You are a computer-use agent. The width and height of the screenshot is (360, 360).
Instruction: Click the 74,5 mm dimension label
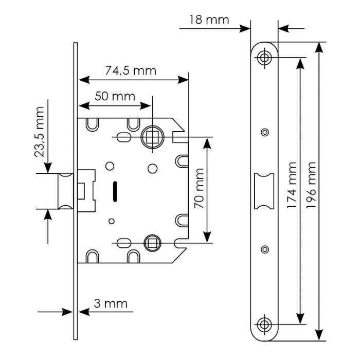coord(131,70)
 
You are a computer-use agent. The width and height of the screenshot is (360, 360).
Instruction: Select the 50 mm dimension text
coord(115,96)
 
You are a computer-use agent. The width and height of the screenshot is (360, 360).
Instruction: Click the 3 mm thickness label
coord(110,303)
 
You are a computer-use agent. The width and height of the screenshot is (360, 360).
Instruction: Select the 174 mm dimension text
coord(292,185)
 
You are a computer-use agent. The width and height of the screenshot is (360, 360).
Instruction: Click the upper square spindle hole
coord(152,137)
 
